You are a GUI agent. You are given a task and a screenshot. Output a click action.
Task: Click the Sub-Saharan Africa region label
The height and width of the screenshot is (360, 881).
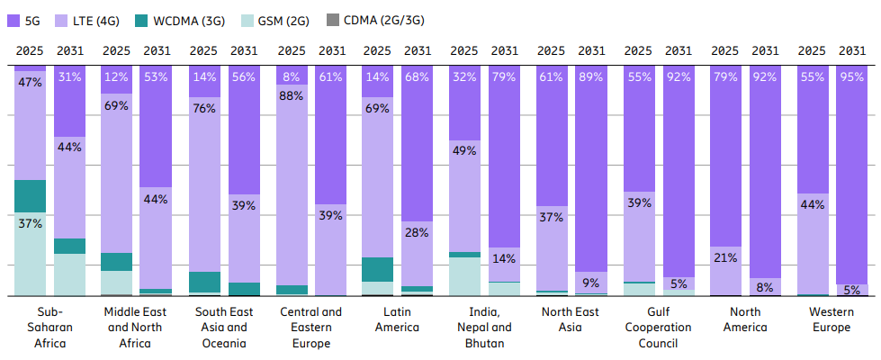(50, 328)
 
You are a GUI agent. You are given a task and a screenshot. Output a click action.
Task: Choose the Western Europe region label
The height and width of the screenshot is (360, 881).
(831, 319)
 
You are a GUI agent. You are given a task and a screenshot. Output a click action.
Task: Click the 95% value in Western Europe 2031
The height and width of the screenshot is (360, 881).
(851, 76)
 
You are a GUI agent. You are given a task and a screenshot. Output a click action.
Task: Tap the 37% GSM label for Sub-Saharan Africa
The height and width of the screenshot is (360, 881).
(30, 223)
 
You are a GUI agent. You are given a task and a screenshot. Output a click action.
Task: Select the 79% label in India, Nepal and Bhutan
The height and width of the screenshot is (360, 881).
(504, 76)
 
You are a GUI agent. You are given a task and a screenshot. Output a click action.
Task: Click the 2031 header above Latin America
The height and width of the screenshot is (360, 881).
(418, 50)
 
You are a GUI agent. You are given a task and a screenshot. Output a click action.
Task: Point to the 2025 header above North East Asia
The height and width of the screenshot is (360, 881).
(551, 50)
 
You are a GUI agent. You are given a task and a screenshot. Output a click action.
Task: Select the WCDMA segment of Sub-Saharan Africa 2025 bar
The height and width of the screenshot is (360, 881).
(30, 196)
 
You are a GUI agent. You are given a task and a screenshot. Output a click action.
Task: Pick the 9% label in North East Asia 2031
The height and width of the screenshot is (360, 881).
(591, 283)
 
